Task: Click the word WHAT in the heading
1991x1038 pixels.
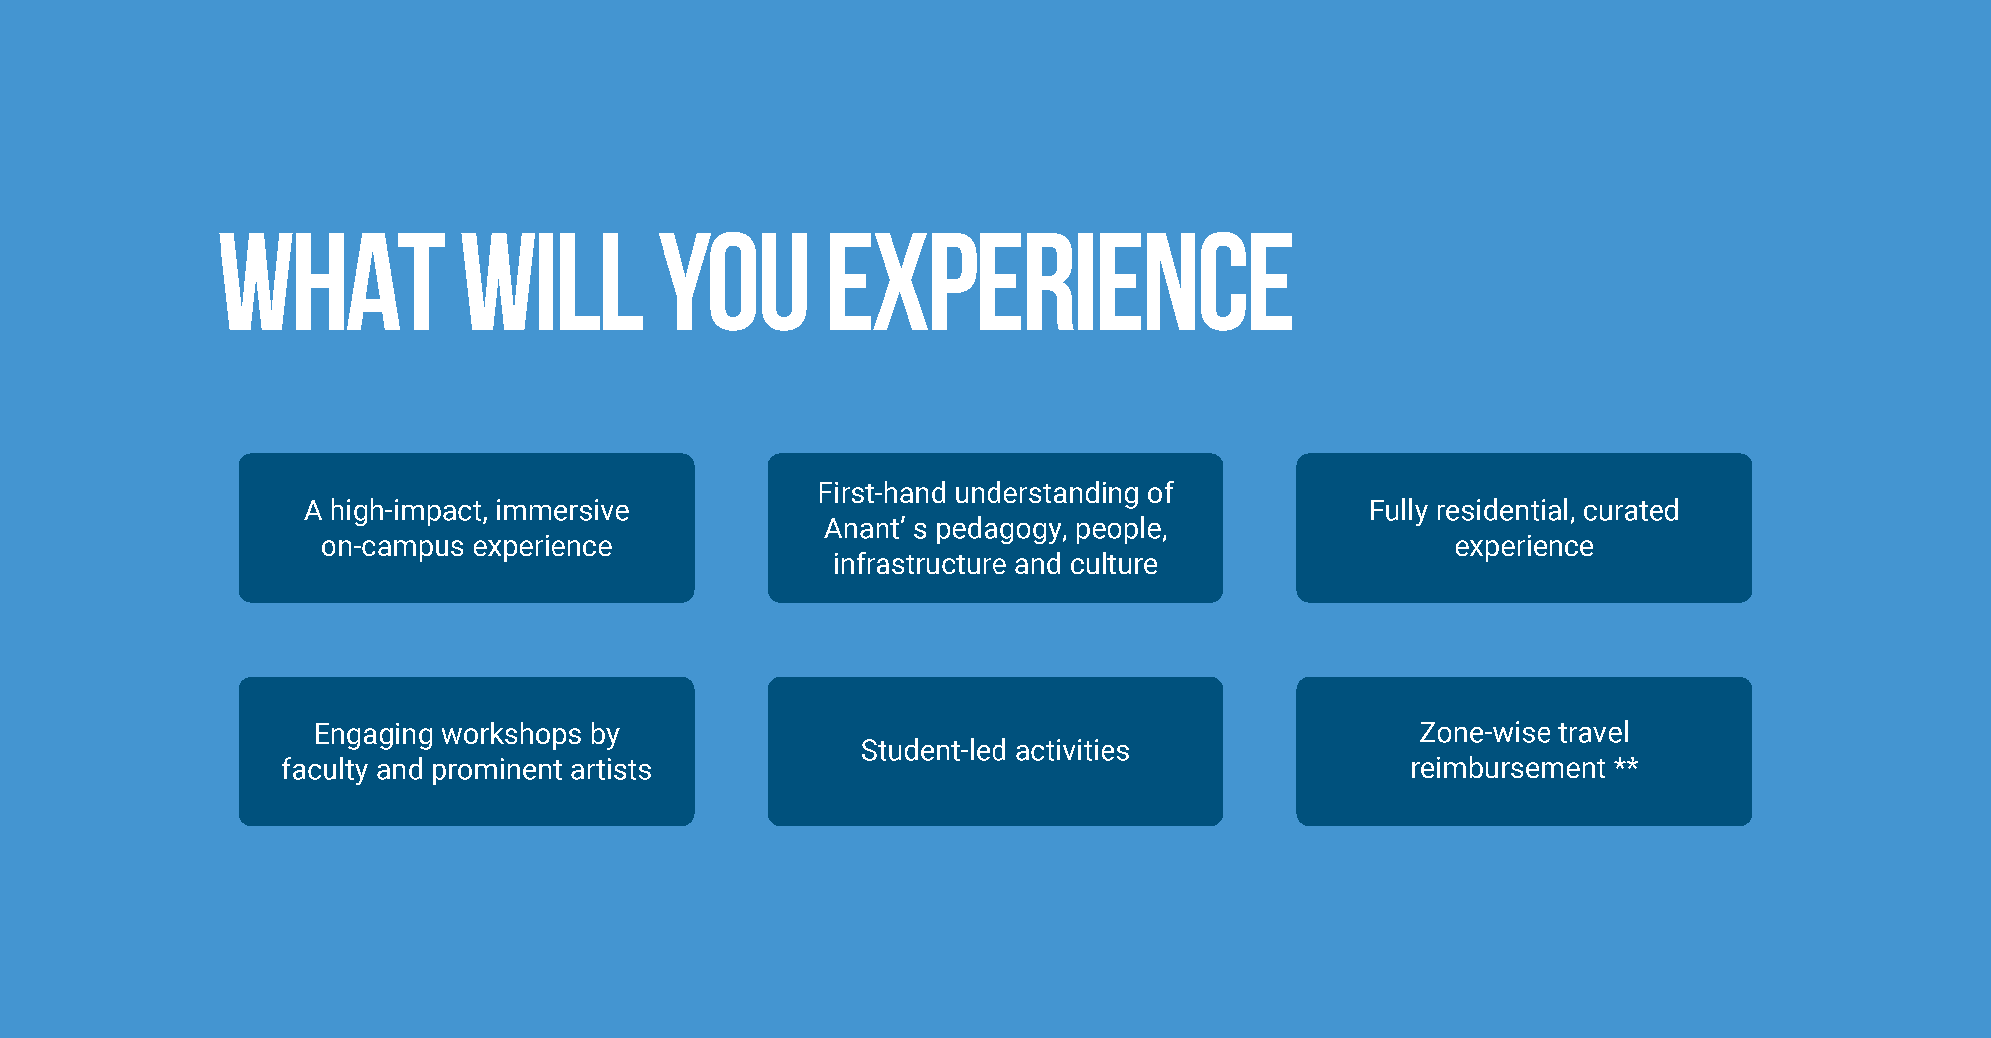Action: [332, 281]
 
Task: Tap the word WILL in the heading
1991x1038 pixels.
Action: [553, 281]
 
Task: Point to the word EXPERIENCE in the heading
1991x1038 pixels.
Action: [1060, 281]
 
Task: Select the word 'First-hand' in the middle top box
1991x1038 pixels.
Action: [882, 493]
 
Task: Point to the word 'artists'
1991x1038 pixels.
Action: [611, 770]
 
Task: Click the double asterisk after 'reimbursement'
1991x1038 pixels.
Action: [1626, 765]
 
